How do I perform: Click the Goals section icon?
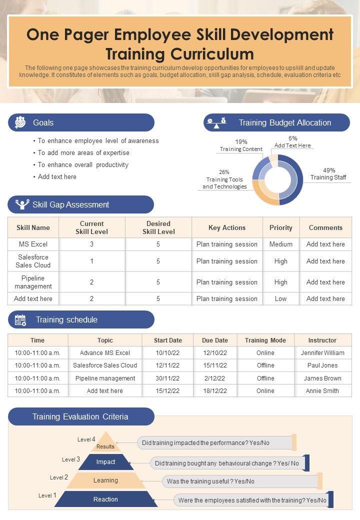20,122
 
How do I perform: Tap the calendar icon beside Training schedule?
20,320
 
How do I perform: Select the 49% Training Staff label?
328,174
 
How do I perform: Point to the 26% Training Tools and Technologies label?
224,179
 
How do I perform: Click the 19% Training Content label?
241,145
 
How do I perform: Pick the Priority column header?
281,227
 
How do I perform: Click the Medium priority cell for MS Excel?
281,244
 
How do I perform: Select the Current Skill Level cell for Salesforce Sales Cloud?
92,261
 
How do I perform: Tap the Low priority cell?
281,299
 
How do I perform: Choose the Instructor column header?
322,340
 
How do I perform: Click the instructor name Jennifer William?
322,353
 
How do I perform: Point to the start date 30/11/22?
168,378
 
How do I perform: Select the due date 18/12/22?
215,391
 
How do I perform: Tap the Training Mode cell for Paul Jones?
265,365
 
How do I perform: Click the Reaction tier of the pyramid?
106,499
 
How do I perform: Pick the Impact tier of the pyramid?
106,462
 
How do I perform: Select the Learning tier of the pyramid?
106,480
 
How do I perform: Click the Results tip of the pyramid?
105,443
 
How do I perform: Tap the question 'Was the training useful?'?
210,481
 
